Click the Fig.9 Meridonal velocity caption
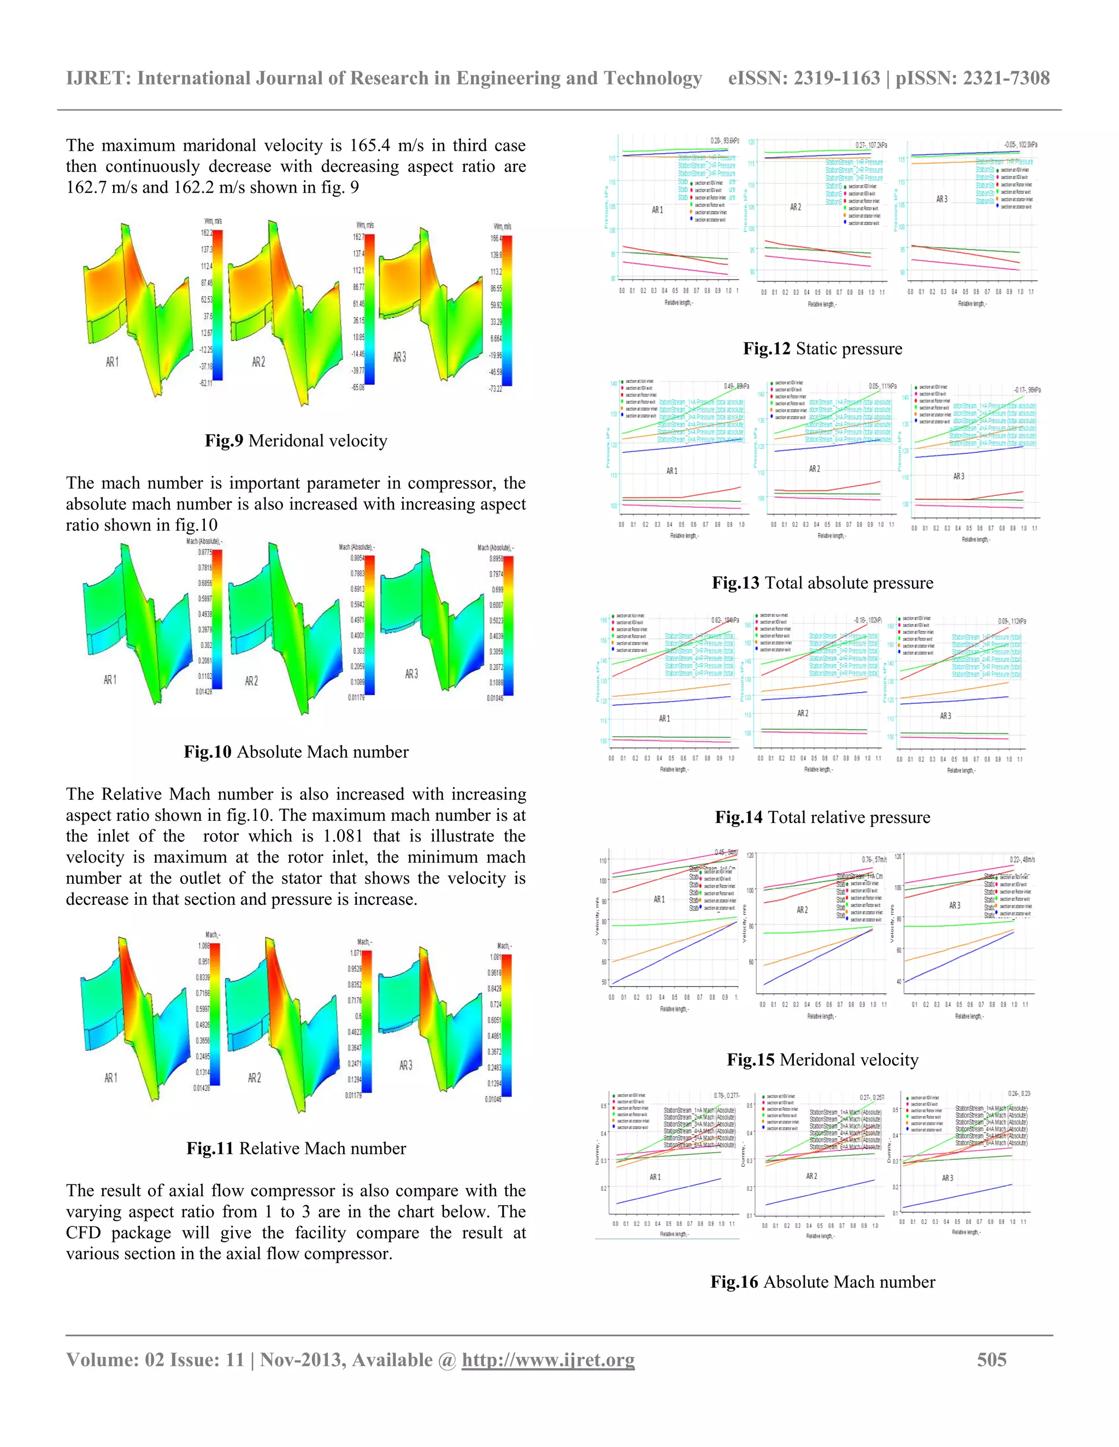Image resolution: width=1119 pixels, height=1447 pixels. click(296, 441)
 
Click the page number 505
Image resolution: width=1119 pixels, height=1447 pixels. click(991, 1360)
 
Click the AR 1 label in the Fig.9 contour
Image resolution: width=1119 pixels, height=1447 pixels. click(112, 361)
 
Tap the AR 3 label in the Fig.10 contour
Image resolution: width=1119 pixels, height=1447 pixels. click(411, 674)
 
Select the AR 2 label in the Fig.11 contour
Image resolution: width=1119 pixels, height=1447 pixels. click(255, 1078)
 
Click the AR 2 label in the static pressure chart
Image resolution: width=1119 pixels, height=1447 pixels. click(796, 207)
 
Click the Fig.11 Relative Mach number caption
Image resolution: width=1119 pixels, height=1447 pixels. click(296, 1149)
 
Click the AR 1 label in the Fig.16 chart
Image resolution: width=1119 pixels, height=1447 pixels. click(655, 1177)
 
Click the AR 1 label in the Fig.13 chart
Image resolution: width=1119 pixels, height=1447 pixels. click(672, 471)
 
